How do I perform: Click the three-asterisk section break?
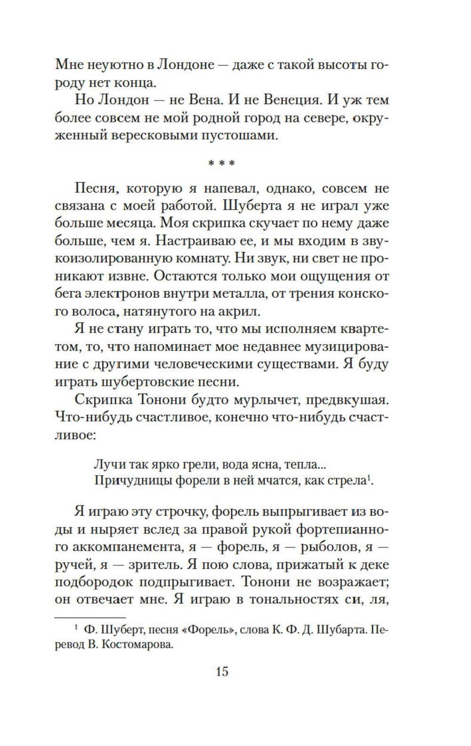click(x=221, y=164)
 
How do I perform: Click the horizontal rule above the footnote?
click(x=90, y=617)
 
